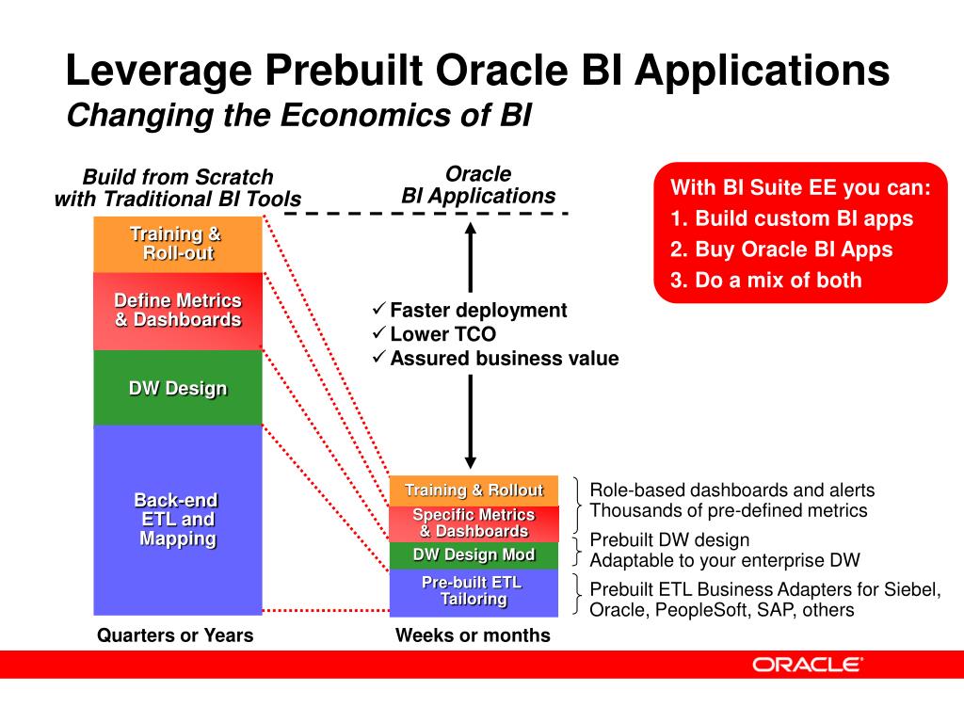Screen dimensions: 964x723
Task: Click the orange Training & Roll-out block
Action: click(x=177, y=244)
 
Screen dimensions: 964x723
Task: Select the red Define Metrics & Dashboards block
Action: click(x=177, y=311)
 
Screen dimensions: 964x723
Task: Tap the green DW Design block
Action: click(x=177, y=388)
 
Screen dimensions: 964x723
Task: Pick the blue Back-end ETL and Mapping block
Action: click(x=177, y=520)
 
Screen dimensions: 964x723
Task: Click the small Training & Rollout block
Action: click(x=474, y=490)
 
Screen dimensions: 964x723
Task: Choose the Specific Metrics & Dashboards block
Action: click(x=474, y=522)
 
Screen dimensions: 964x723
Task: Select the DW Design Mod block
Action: click(x=474, y=554)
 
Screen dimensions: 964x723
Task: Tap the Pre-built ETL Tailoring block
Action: click(x=474, y=591)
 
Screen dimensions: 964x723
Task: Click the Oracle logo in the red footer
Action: click(x=808, y=665)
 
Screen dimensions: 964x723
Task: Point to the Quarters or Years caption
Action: click(x=175, y=635)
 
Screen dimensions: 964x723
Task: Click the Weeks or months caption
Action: click(x=473, y=635)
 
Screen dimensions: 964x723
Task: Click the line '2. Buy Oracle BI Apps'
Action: click(x=781, y=249)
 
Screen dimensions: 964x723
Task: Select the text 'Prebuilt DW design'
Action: click(x=669, y=540)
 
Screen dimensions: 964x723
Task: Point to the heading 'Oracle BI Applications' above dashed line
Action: click(x=478, y=185)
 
